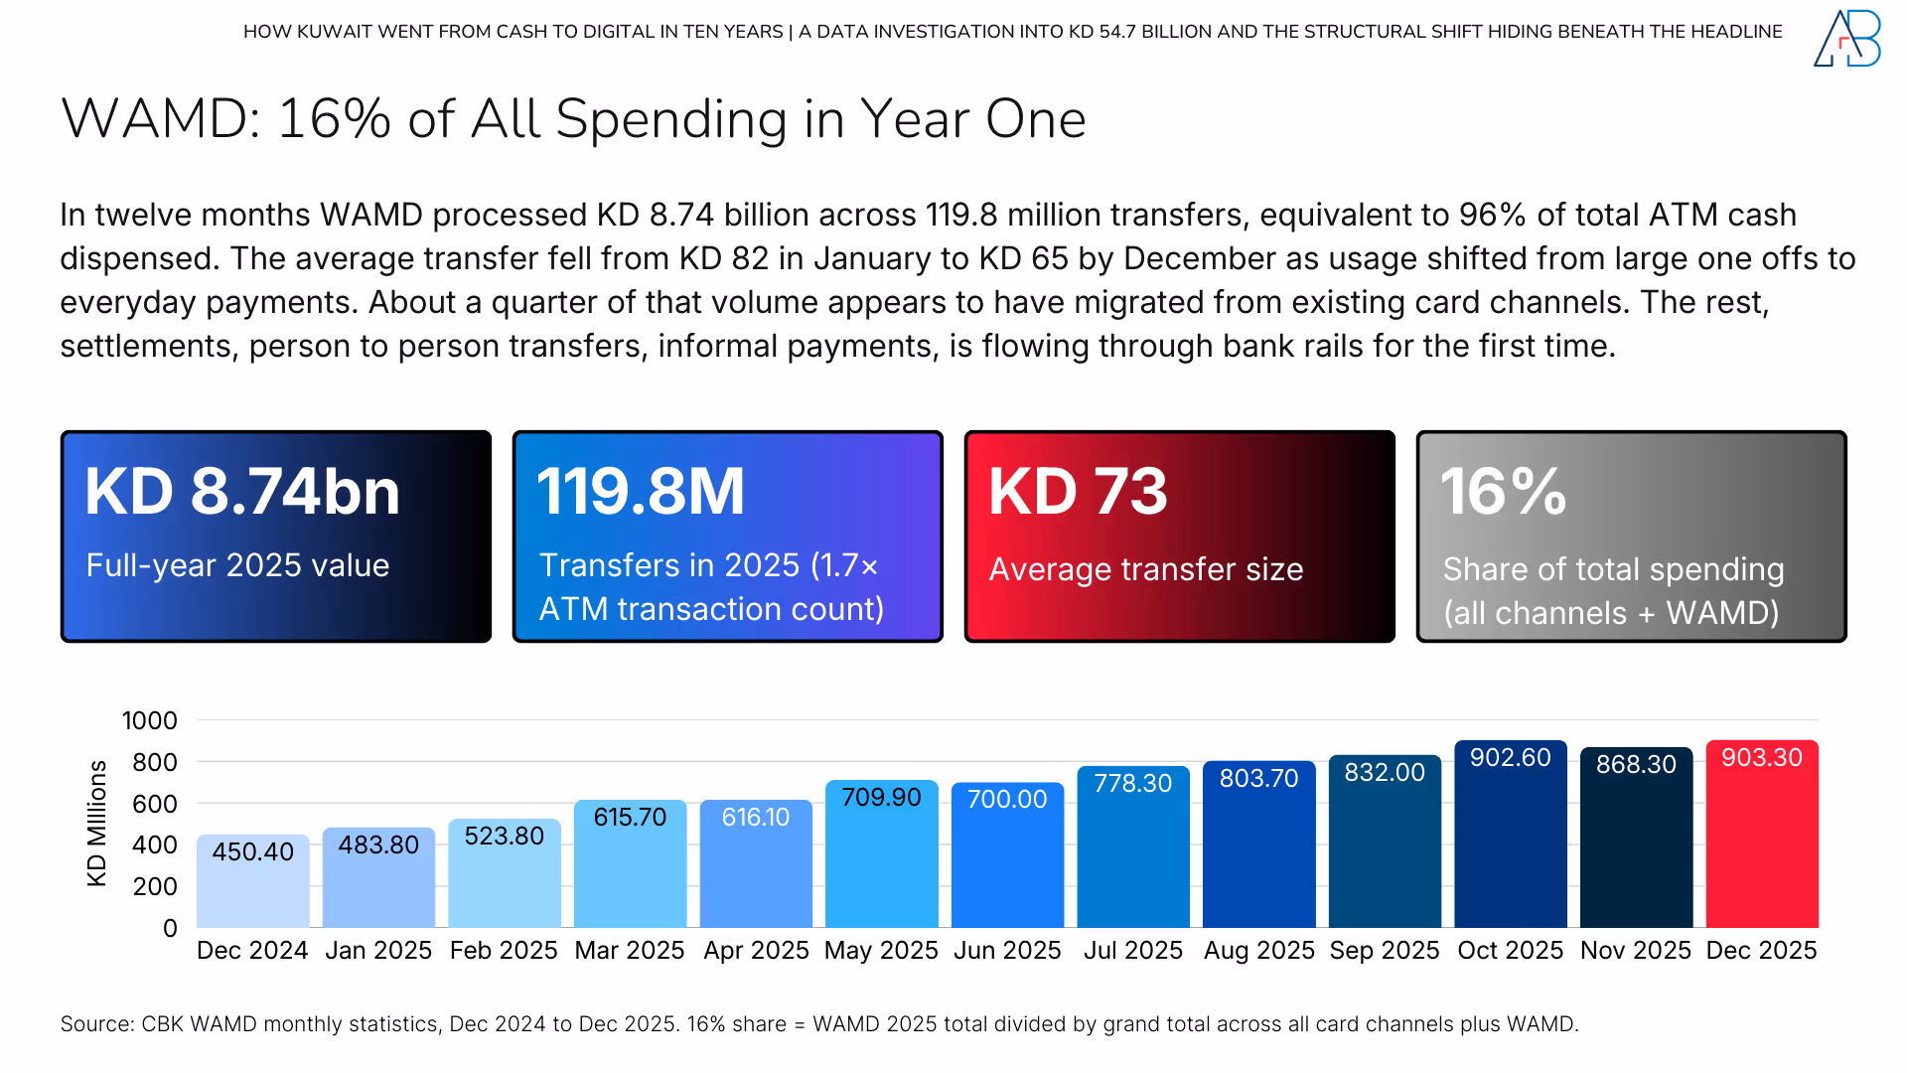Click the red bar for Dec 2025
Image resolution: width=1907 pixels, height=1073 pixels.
click(x=1761, y=844)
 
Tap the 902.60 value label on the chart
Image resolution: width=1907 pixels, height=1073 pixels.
click(x=1510, y=758)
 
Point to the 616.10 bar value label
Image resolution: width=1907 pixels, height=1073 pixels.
click(x=755, y=818)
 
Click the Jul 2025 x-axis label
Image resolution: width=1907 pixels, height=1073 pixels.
click(x=1132, y=951)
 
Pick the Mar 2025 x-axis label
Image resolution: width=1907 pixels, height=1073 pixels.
click(x=629, y=951)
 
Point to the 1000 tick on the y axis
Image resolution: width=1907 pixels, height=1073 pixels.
click(x=149, y=721)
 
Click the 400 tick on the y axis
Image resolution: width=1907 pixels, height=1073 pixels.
click(x=154, y=845)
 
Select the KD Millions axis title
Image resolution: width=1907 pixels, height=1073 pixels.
click(x=96, y=824)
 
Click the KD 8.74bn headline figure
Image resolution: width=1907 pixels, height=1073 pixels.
click(x=241, y=492)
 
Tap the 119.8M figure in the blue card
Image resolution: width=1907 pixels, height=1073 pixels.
click(x=640, y=492)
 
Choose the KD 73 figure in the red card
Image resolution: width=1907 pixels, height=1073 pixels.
click(x=1078, y=492)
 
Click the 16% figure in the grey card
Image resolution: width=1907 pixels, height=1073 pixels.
click(x=1503, y=492)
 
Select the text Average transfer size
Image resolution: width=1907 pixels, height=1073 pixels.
click(x=1145, y=569)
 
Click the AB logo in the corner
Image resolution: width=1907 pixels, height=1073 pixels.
click(x=1846, y=39)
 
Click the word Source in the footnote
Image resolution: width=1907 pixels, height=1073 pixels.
click(x=95, y=1024)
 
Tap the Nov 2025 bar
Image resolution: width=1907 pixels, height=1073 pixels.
click(x=1636, y=854)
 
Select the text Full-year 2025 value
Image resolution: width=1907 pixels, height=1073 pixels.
click(x=237, y=565)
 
